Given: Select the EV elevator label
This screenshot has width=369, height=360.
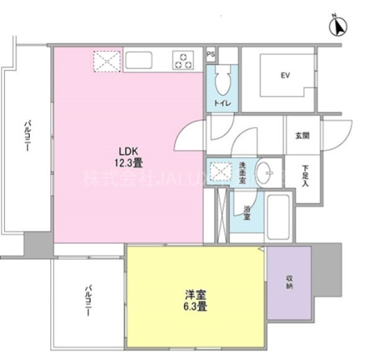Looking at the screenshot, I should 285,76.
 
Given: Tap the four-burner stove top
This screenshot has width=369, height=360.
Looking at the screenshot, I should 184,61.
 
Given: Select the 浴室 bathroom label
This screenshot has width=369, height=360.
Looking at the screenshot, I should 246,213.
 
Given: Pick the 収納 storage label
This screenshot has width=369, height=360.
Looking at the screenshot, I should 289,282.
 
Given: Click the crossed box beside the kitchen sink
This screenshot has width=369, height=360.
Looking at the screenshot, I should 105,61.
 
